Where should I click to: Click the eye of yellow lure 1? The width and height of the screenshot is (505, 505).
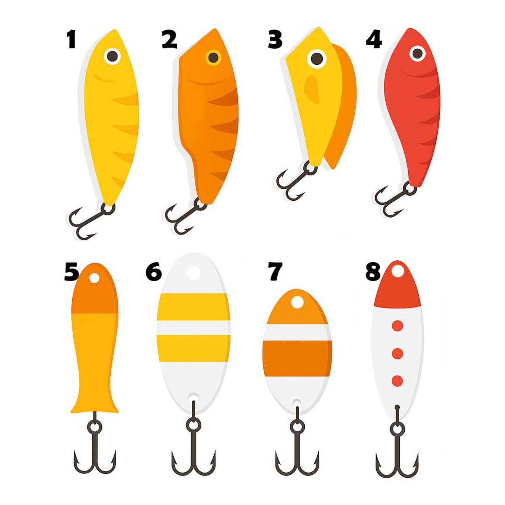112,56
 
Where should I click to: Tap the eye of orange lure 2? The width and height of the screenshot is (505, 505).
214,58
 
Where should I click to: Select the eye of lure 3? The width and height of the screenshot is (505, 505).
317,58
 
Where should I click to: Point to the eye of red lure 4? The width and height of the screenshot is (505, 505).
417,53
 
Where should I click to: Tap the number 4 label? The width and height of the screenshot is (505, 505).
374,40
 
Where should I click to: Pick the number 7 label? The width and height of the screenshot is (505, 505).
275,271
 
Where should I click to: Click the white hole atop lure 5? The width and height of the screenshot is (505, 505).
94,278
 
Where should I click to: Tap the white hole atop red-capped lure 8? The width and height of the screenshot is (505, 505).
398,271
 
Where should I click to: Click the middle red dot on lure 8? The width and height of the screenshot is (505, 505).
398,353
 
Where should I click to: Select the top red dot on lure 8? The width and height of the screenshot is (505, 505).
398,326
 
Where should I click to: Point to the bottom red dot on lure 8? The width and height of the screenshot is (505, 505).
398,381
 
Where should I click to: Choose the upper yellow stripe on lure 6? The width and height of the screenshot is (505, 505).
194,307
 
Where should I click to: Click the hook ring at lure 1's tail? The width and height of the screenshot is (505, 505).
108,208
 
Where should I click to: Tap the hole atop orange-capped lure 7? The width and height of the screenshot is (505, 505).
297,302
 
